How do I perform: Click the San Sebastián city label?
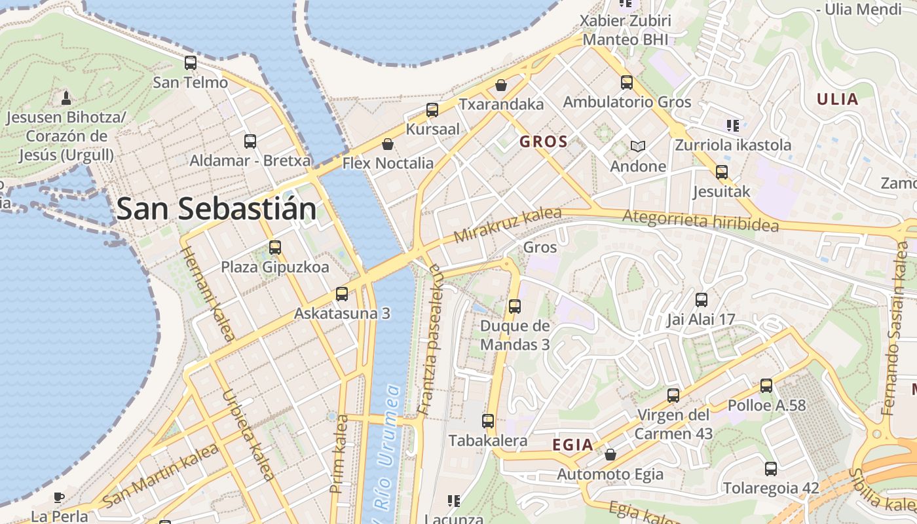[216, 209]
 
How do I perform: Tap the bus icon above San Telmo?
[191, 63]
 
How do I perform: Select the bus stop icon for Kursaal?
[432, 110]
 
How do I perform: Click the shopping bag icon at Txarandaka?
[501, 85]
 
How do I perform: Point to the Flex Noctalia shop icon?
[388, 143]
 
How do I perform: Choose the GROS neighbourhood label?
[543, 141]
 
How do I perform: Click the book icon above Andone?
[637, 146]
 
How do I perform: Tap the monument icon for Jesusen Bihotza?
[65, 98]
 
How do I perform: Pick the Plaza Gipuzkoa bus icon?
[275, 248]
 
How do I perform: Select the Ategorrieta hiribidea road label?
[700, 221]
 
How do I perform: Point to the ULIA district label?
[836, 100]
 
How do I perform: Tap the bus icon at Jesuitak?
[722, 172]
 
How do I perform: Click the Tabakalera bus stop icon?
[488, 421]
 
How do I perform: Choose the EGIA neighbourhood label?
[572, 445]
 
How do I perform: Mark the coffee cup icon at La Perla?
[59, 497]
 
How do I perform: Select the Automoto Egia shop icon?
[610, 454]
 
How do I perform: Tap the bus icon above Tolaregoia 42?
[771, 468]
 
